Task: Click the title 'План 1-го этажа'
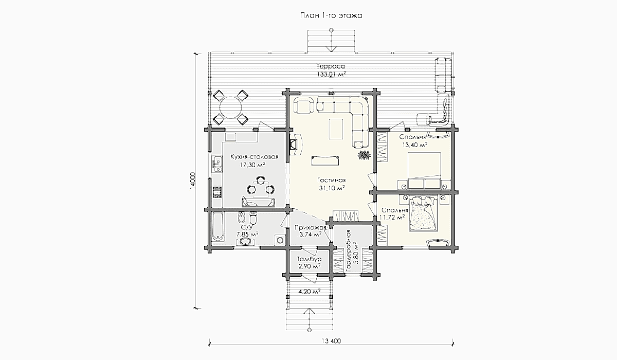pos(331,16)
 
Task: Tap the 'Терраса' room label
pos(331,66)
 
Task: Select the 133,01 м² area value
pos(331,75)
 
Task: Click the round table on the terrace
pos(230,107)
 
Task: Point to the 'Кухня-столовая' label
pos(254,157)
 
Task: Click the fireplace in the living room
pos(295,145)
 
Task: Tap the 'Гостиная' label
pos(331,181)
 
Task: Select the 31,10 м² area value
pos(332,188)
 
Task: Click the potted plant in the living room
pos(364,155)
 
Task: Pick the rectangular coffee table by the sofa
pos(336,129)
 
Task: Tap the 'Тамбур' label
pos(309,259)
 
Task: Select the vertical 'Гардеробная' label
pos(349,251)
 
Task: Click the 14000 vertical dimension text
pos(192,181)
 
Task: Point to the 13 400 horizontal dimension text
pos(331,341)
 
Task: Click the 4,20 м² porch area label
pos(309,292)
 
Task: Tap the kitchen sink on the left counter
pos(216,164)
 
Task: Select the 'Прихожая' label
pos(311,228)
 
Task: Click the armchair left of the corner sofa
pos(304,105)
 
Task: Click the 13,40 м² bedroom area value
pos(415,145)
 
